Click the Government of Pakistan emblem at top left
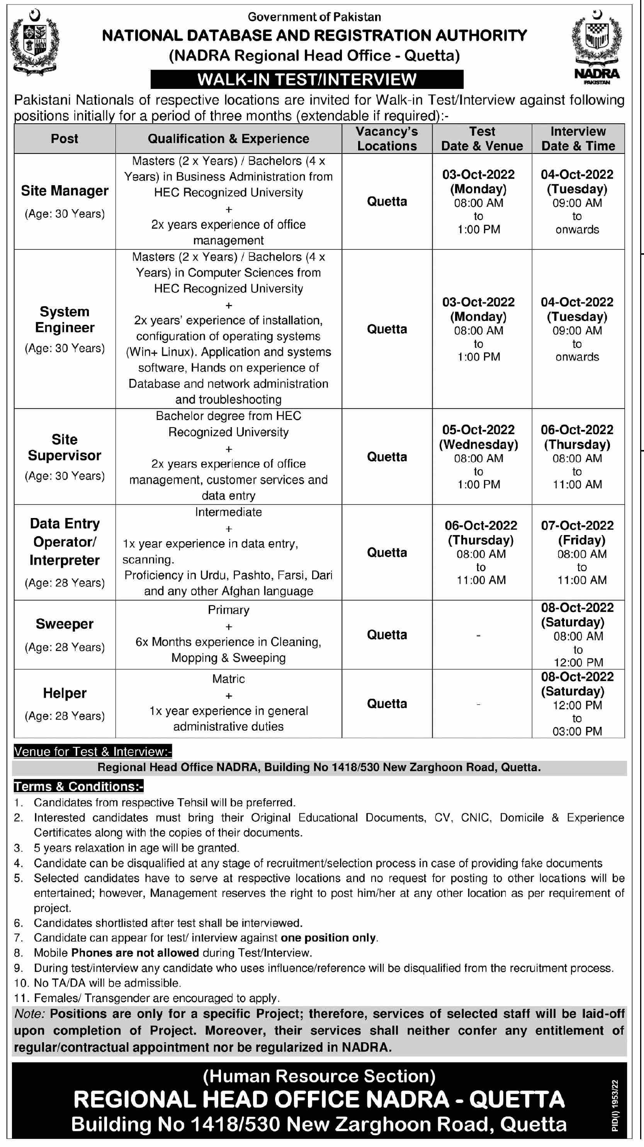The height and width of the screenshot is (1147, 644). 34,41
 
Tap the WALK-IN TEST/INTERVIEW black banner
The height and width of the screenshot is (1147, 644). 307,79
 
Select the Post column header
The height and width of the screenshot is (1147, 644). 65,139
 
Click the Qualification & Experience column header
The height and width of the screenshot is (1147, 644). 228,139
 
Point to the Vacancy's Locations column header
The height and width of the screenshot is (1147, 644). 387,139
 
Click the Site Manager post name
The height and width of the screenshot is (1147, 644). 65,191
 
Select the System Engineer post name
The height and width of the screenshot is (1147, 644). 65,320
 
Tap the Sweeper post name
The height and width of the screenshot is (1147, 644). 65,624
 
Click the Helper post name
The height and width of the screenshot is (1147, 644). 65,693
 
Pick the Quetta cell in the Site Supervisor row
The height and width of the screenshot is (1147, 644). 387,457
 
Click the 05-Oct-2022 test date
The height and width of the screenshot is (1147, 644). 478,429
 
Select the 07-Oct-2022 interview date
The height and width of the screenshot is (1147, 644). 577,525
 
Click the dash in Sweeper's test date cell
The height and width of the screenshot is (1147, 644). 478,636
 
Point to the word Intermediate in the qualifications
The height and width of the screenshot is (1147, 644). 228,512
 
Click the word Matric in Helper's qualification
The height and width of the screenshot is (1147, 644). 228,679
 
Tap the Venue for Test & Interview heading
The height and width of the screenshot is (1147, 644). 93,752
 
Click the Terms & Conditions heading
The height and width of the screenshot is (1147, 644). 78,786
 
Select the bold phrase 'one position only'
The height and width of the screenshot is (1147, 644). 329,938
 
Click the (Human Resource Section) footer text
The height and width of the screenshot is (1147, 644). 319,1076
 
